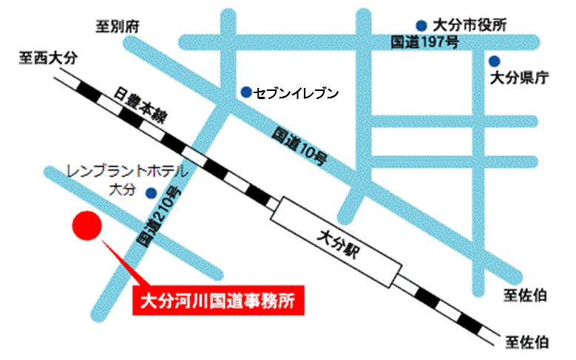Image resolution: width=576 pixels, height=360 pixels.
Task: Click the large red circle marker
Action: [x=86, y=226]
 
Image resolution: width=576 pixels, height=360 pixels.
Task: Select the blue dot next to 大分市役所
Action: [x=421, y=24]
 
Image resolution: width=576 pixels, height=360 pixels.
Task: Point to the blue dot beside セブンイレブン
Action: [x=245, y=92]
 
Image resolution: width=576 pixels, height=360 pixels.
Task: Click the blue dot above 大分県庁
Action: [x=494, y=61]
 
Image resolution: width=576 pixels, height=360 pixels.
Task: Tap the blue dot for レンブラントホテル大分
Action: [x=151, y=194]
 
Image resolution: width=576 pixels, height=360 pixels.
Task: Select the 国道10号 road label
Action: [x=299, y=146]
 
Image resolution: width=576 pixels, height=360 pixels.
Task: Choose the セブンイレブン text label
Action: [x=296, y=93]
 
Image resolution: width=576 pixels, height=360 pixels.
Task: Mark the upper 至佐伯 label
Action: [x=526, y=296]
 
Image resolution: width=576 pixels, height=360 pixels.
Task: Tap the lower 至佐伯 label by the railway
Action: [x=526, y=342]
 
